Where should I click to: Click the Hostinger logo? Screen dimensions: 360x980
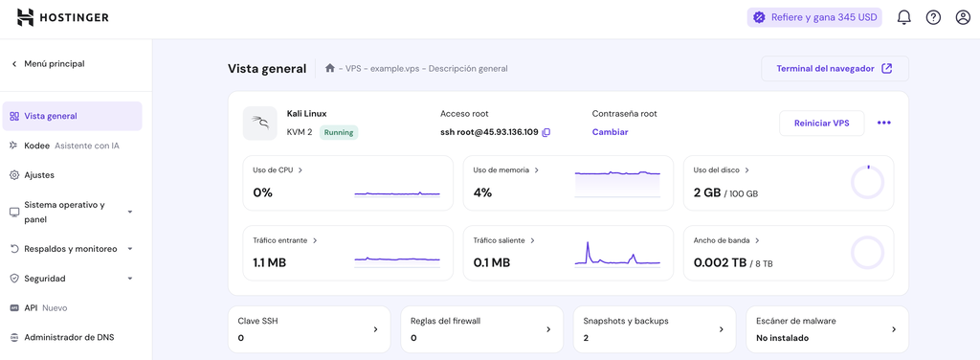(63, 17)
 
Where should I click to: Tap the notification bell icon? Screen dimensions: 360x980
(903, 17)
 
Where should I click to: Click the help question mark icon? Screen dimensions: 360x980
(933, 17)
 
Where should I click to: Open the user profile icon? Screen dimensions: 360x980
(963, 17)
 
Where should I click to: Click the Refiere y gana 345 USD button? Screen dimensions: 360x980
(814, 17)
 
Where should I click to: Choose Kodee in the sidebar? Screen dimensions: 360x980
(36, 146)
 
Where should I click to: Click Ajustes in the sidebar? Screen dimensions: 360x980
(38, 175)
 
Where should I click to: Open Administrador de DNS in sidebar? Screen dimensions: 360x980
(68, 337)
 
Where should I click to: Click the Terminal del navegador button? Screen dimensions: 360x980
(835, 69)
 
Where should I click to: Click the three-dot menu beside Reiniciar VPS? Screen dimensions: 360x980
(883, 123)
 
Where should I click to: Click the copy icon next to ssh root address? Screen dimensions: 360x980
(546, 132)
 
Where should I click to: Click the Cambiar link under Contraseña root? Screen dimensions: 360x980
(610, 132)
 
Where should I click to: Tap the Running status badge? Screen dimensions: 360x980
(339, 132)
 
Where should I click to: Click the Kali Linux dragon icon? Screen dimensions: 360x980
(259, 123)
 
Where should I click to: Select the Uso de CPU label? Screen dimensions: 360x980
(273, 170)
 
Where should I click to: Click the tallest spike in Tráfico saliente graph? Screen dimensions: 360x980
(589, 246)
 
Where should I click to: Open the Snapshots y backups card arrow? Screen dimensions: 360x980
(721, 329)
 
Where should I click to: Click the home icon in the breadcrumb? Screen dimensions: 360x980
(330, 68)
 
